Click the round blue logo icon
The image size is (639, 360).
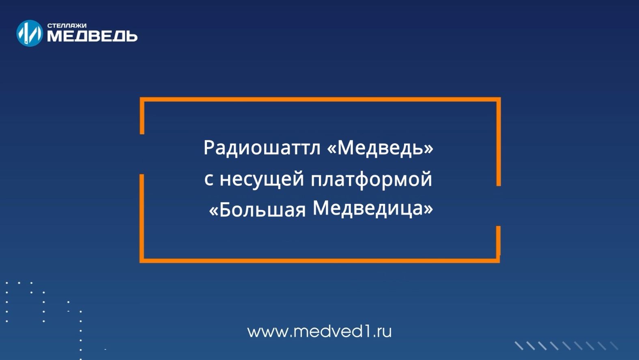coord(29,33)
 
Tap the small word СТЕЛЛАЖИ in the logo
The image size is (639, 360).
coord(67,26)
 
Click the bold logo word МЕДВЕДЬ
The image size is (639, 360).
coord(92,37)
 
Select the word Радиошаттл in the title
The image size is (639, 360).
coord(262,148)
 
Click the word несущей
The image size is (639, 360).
coord(262,179)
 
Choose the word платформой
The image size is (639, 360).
coord(371,179)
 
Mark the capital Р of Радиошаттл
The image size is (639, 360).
coord(209,148)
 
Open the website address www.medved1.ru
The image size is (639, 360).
coord(319,332)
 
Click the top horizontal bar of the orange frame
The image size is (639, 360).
coord(320,99)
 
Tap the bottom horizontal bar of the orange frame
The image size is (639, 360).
coord(320,260)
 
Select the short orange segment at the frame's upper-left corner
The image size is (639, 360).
coord(142,116)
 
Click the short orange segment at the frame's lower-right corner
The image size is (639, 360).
coord(498,241)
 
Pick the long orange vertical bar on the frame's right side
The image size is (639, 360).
coord(499,142)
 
